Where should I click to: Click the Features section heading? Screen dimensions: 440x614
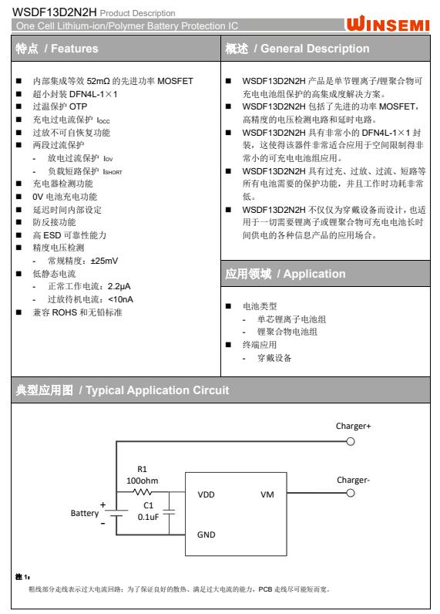click(57, 49)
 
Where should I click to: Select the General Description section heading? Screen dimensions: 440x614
click(297, 49)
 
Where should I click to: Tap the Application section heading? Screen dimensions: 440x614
click(285, 274)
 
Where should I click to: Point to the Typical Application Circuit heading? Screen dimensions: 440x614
click(123, 390)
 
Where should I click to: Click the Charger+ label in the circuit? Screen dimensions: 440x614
click(354, 426)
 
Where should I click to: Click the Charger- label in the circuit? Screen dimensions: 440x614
click(353, 479)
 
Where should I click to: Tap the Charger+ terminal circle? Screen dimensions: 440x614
click(351, 442)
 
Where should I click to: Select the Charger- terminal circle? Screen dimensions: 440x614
click(351, 494)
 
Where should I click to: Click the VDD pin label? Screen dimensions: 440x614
click(207, 494)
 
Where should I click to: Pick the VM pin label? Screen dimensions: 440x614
click(267, 494)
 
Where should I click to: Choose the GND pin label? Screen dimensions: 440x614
click(207, 534)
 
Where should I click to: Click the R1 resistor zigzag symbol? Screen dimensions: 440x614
click(143, 491)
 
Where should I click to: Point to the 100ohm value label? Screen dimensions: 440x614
click(142, 480)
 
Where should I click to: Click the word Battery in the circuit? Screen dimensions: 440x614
click(85, 512)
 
